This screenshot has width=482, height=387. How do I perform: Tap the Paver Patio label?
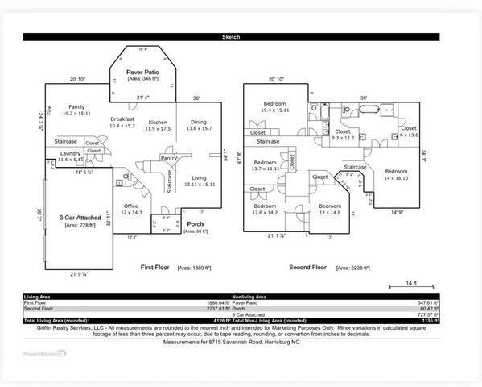tap(143, 72)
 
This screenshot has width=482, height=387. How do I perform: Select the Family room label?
tap(76, 107)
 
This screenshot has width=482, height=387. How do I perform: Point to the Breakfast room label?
tap(122, 119)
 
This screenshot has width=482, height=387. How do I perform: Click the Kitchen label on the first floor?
tap(158, 123)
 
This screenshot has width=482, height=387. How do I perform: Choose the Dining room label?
tap(198, 123)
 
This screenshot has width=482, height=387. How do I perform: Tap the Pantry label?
tap(169, 158)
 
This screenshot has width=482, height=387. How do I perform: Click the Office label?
tap(130, 206)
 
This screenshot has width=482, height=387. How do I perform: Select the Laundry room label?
tap(70, 154)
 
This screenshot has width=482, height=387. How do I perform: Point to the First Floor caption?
tap(158, 267)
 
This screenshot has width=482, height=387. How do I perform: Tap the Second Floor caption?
tap(309, 267)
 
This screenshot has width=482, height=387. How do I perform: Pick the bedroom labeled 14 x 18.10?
tap(395, 172)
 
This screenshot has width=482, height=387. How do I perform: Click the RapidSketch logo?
tap(44, 352)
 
